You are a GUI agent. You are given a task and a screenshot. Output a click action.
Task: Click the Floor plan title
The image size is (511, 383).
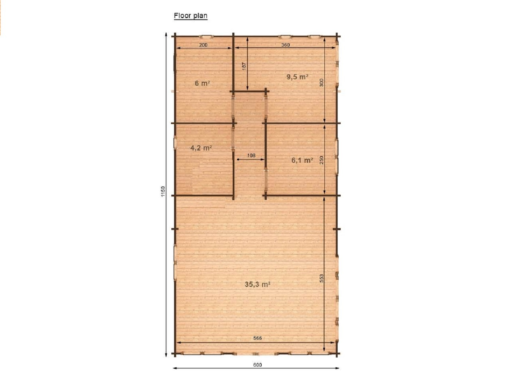point(190,16)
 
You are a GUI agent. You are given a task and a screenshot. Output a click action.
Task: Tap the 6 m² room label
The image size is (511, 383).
point(202,83)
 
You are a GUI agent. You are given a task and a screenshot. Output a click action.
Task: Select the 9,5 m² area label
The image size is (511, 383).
point(297,77)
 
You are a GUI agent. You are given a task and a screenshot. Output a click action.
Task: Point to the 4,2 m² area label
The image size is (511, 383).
point(201,148)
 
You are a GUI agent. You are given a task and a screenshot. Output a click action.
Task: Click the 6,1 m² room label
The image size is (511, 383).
point(302,160)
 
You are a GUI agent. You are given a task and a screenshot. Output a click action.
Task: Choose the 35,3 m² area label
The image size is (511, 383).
point(258,284)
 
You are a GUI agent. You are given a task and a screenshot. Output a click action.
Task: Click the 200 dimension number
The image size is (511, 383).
point(203,45)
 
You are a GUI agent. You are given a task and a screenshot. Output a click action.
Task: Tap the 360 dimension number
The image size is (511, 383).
point(285,45)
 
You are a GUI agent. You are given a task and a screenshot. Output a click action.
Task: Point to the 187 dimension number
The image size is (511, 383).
point(244,66)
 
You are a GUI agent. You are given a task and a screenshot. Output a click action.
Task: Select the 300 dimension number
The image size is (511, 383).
point(321,83)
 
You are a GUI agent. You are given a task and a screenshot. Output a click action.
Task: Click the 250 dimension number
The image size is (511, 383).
point(321,160)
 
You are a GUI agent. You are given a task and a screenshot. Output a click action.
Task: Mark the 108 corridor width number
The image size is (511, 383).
point(251,155)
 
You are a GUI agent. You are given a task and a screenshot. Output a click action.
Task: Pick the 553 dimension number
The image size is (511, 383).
point(321,278)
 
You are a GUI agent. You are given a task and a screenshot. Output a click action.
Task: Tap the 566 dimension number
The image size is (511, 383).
point(258,338)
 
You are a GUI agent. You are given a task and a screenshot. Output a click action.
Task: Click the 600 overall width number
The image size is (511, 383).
point(258,365)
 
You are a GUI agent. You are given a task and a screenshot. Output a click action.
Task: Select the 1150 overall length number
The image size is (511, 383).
point(163,191)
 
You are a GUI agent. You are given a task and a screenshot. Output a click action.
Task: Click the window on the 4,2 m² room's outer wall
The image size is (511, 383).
point(175,143)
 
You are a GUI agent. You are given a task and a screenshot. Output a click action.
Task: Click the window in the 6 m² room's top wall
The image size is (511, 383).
point(207,36)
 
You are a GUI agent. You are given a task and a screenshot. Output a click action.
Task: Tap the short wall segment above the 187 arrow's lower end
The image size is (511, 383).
point(249,91)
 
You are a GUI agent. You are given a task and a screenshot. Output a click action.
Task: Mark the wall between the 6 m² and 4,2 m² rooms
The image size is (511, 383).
point(204,123)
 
